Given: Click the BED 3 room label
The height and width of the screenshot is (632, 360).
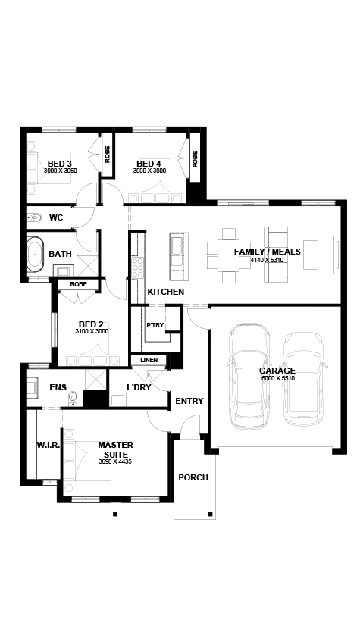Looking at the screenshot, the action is pyautogui.click(x=60, y=164).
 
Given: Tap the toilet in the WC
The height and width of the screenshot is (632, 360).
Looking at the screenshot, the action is pyautogui.click(x=35, y=218).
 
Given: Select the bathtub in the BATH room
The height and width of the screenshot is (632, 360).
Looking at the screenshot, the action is pyautogui.click(x=35, y=254).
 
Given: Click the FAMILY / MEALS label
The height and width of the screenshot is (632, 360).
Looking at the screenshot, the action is pyautogui.click(x=268, y=252).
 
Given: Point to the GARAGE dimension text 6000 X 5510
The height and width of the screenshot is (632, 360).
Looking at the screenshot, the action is pyautogui.click(x=277, y=378).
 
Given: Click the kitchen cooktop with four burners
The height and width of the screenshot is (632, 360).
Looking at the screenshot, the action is pyautogui.click(x=137, y=268).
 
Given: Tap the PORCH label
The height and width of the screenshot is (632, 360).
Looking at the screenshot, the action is pyautogui.click(x=193, y=477).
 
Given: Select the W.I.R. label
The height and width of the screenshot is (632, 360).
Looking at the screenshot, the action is pyautogui.click(x=49, y=446).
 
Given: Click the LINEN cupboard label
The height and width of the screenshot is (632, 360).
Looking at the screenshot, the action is pyautogui.click(x=149, y=360).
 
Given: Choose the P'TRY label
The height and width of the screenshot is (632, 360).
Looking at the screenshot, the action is pyautogui.click(x=155, y=325).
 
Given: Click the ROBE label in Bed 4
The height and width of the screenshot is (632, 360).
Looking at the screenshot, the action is pyautogui.click(x=195, y=159).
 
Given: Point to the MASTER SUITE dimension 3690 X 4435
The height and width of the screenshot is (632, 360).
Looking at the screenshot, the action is pyautogui.click(x=115, y=462).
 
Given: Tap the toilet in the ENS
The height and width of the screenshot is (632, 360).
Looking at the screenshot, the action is pyautogui.click(x=73, y=398).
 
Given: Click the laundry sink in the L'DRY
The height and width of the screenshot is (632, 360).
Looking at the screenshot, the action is pyautogui.click(x=118, y=400).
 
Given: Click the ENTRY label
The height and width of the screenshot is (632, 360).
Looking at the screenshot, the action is pyautogui.click(x=189, y=401).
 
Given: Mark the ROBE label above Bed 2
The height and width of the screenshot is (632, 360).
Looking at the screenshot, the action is pyautogui.click(x=78, y=284).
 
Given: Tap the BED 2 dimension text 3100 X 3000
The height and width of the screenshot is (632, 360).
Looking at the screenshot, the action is pyautogui.click(x=92, y=331).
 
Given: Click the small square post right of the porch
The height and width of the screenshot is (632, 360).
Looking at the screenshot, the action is pyautogui.click(x=210, y=514).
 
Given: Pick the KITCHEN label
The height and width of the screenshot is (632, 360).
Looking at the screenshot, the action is pyautogui.click(x=166, y=292).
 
